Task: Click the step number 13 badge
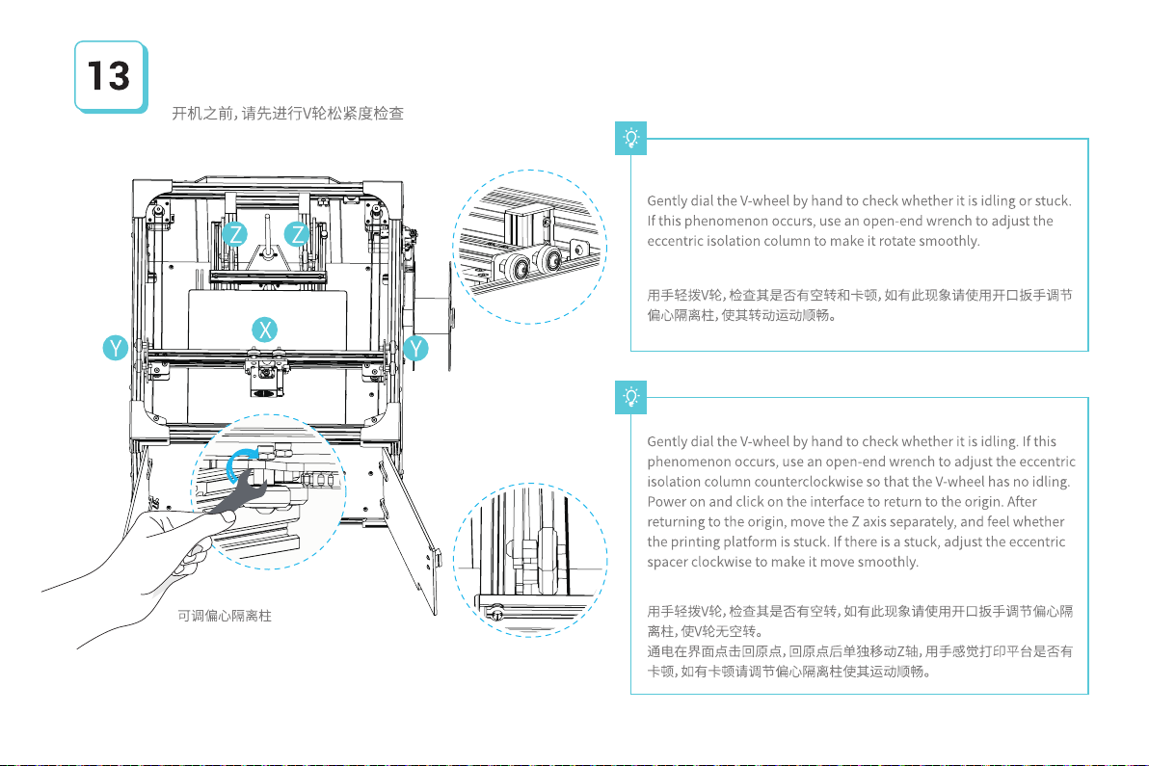point(110,76)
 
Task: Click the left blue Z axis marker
point(234,234)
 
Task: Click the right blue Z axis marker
point(300,234)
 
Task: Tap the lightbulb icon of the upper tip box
point(631,140)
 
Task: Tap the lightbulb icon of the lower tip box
point(631,396)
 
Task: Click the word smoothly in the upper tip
point(948,241)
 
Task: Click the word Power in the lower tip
point(667,501)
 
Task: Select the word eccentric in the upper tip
point(677,241)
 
